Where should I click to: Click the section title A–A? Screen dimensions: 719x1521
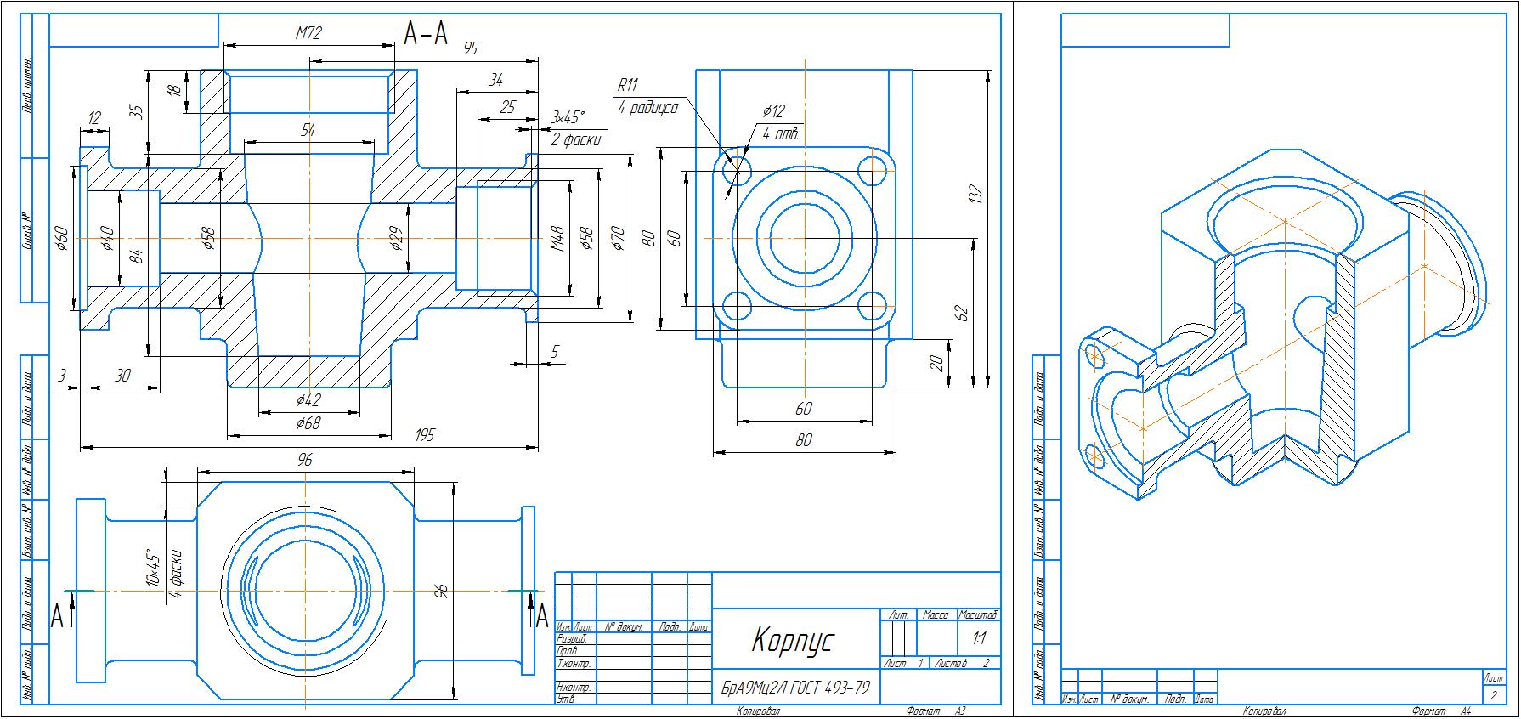[425, 33]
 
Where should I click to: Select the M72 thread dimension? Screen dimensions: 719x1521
[308, 34]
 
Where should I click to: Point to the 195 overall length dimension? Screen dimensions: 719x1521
[425, 435]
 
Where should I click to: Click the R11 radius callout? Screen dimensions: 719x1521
[628, 85]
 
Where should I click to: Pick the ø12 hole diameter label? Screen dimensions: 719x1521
[773, 111]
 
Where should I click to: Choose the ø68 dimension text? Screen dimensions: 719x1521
[308, 422]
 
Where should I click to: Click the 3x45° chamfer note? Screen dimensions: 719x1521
[568, 116]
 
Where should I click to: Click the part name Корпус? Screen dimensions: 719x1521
[793, 640]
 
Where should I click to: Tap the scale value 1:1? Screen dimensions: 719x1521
[977, 639]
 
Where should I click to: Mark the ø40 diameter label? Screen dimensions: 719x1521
[107, 240]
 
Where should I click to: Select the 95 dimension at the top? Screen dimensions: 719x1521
[470, 48]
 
